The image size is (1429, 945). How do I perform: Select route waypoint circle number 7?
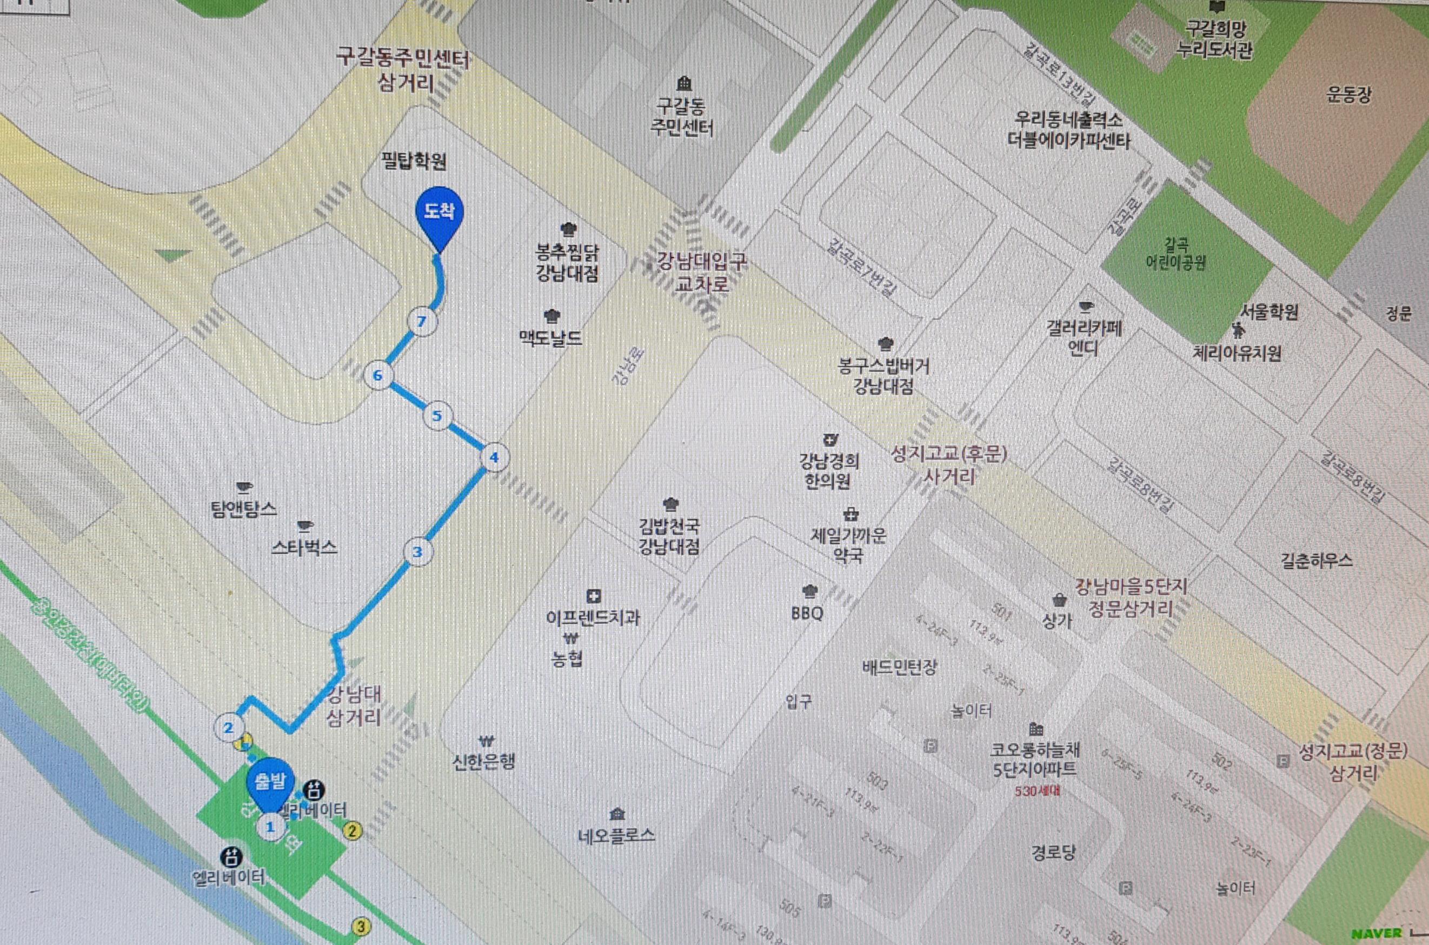422,321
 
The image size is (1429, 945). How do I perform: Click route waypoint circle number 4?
494,457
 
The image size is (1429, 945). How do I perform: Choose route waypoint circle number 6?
378,376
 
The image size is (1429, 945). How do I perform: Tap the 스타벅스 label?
304,547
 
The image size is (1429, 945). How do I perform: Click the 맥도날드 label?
551,338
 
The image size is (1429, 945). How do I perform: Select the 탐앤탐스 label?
244,509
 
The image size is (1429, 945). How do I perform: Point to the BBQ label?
807,614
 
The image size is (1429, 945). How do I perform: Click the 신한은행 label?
484,762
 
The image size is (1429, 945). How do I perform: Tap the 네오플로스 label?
616,835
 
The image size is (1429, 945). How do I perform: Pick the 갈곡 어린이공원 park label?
1176,254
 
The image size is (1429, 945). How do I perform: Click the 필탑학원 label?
414,161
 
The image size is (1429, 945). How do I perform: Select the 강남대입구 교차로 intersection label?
702,272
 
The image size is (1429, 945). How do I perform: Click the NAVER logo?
1377,934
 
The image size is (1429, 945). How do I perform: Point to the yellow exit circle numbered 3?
361,926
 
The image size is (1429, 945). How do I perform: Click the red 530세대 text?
1037,791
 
